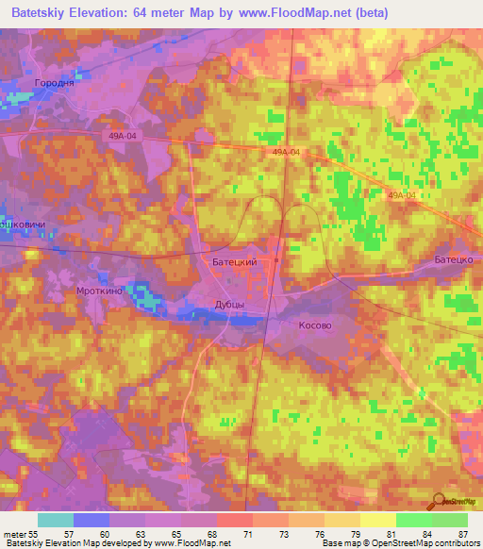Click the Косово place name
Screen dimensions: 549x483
[x=315, y=324]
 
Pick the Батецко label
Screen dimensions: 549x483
[x=453, y=258]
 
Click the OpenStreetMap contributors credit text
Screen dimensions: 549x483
[x=420, y=543]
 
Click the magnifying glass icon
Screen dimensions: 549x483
[x=439, y=500]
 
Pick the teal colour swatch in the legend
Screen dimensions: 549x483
[x=55, y=520]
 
